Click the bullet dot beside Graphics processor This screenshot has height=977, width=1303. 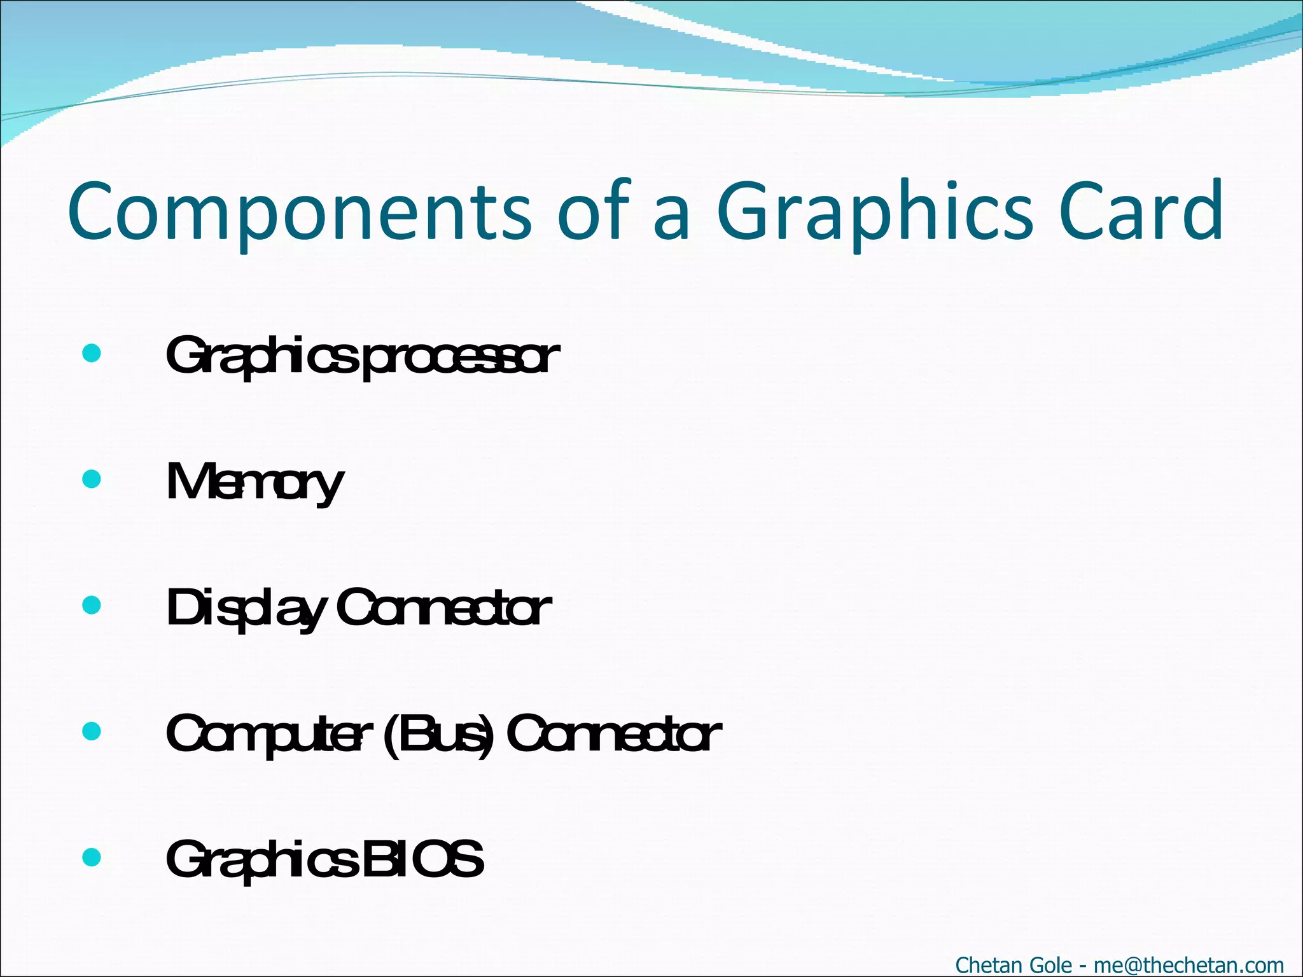[x=92, y=353]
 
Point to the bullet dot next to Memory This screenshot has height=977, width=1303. [x=92, y=479]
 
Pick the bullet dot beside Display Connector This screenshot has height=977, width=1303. [x=92, y=605]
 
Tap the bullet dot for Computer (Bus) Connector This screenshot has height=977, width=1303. [x=92, y=731]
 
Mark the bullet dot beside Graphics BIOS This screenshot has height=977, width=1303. [x=92, y=857]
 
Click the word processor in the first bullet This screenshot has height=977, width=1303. [x=461, y=357]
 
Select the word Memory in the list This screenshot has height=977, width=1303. [x=254, y=483]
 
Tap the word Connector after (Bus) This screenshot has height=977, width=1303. [x=613, y=735]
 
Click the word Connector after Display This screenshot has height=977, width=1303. [x=443, y=609]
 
